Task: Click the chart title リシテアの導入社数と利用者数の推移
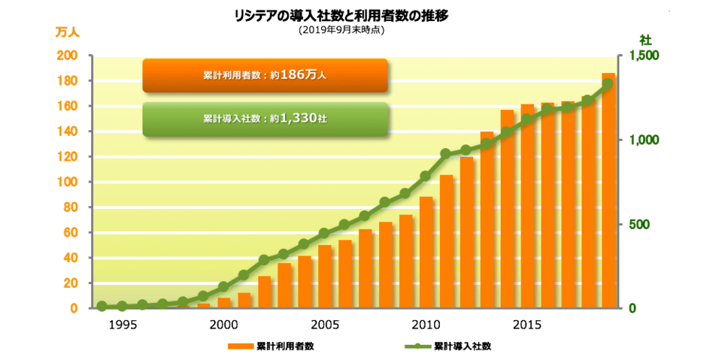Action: (341, 15)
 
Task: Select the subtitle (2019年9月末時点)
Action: (341, 30)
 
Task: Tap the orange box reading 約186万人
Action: (265, 75)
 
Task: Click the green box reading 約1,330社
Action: (265, 119)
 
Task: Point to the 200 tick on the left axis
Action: (68, 56)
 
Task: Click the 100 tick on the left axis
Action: (68, 182)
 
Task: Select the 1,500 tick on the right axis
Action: (645, 56)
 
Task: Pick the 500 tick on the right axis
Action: (639, 225)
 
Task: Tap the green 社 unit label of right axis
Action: (645, 38)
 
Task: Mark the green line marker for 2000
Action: (223, 286)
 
